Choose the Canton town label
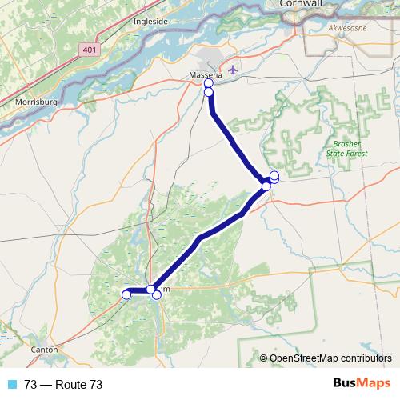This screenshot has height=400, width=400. (44, 350)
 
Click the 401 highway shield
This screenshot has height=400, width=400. (90, 50)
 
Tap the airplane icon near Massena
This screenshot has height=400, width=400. (234, 69)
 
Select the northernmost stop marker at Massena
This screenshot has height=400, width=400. (209, 83)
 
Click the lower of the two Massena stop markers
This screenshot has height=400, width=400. (209, 92)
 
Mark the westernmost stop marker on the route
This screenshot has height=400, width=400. (126, 295)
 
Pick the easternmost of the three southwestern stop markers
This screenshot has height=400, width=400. (157, 295)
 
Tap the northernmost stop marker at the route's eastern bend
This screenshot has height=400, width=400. (274, 175)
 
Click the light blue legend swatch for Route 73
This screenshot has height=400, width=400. (12, 385)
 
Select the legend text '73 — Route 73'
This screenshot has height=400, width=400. (63, 385)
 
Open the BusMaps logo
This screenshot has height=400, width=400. (361, 384)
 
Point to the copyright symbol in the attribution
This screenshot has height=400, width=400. (263, 358)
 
